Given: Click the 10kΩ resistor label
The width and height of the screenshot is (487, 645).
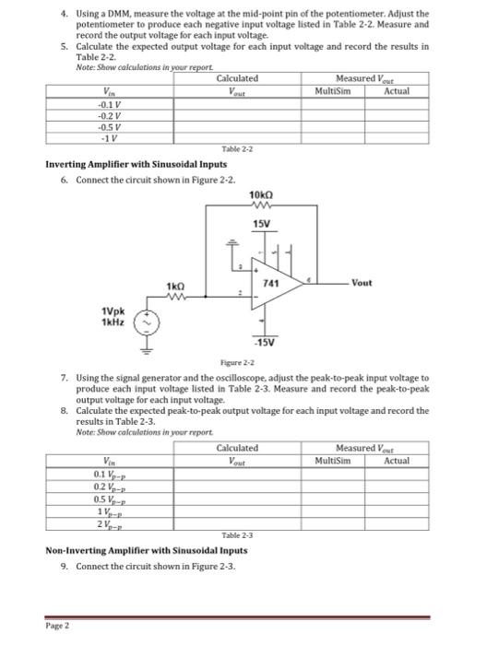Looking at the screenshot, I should click(261, 195).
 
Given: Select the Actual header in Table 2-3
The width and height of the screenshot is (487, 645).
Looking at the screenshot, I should click(398, 460).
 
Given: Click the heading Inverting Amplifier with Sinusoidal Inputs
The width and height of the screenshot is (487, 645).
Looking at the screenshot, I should click(136, 164).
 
